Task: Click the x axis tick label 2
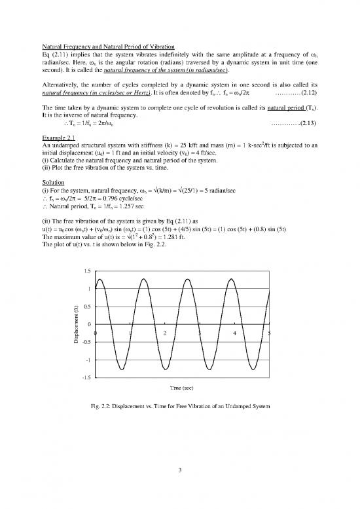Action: tap(165, 333)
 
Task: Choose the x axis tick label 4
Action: tap(234, 333)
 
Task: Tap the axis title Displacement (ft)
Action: tap(77, 324)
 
